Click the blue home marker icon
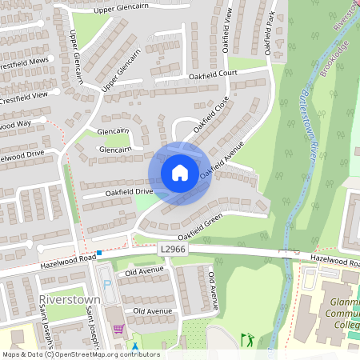tap(180, 172)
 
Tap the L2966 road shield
tap(172, 250)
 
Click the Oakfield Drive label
tap(127, 192)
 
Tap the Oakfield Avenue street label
tap(223, 163)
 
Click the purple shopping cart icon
tap(118, 328)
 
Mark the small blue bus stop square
tap(99, 254)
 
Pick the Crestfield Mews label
tap(24, 62)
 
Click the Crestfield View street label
tap(24, 97)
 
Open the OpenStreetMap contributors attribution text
tap(80, 354)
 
